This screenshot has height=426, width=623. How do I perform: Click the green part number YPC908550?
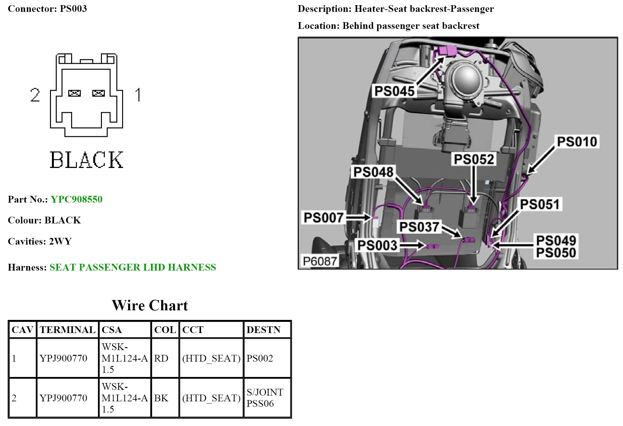point(77,199)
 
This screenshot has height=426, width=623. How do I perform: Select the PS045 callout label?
point(394,91)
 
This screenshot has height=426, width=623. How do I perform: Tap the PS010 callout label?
point(577,142)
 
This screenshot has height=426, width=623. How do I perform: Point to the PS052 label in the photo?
point(474,159)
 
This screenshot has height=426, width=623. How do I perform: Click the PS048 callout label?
point(373,172)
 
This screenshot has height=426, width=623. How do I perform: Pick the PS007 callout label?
point(323,218)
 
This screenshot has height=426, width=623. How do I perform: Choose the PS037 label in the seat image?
point(419,227)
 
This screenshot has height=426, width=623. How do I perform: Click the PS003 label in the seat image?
point(377,246)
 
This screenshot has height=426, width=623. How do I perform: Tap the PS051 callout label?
point(539,204)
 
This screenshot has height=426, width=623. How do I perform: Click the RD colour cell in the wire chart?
point(161,358)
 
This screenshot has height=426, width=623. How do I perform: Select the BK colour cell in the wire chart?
point(161,398)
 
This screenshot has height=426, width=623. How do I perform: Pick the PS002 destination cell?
point(260,358)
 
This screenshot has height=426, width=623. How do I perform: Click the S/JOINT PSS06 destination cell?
point(265,398)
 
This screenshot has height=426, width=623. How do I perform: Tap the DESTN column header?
point(263,330)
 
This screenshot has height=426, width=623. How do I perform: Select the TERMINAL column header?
point(67,330)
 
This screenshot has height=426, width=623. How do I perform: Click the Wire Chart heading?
point(150,305)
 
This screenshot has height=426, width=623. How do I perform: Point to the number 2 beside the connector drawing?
point(35,95)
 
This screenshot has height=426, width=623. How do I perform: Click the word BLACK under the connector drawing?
point(87,160)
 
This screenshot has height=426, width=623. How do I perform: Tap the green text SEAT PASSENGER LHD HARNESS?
point(133,267)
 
